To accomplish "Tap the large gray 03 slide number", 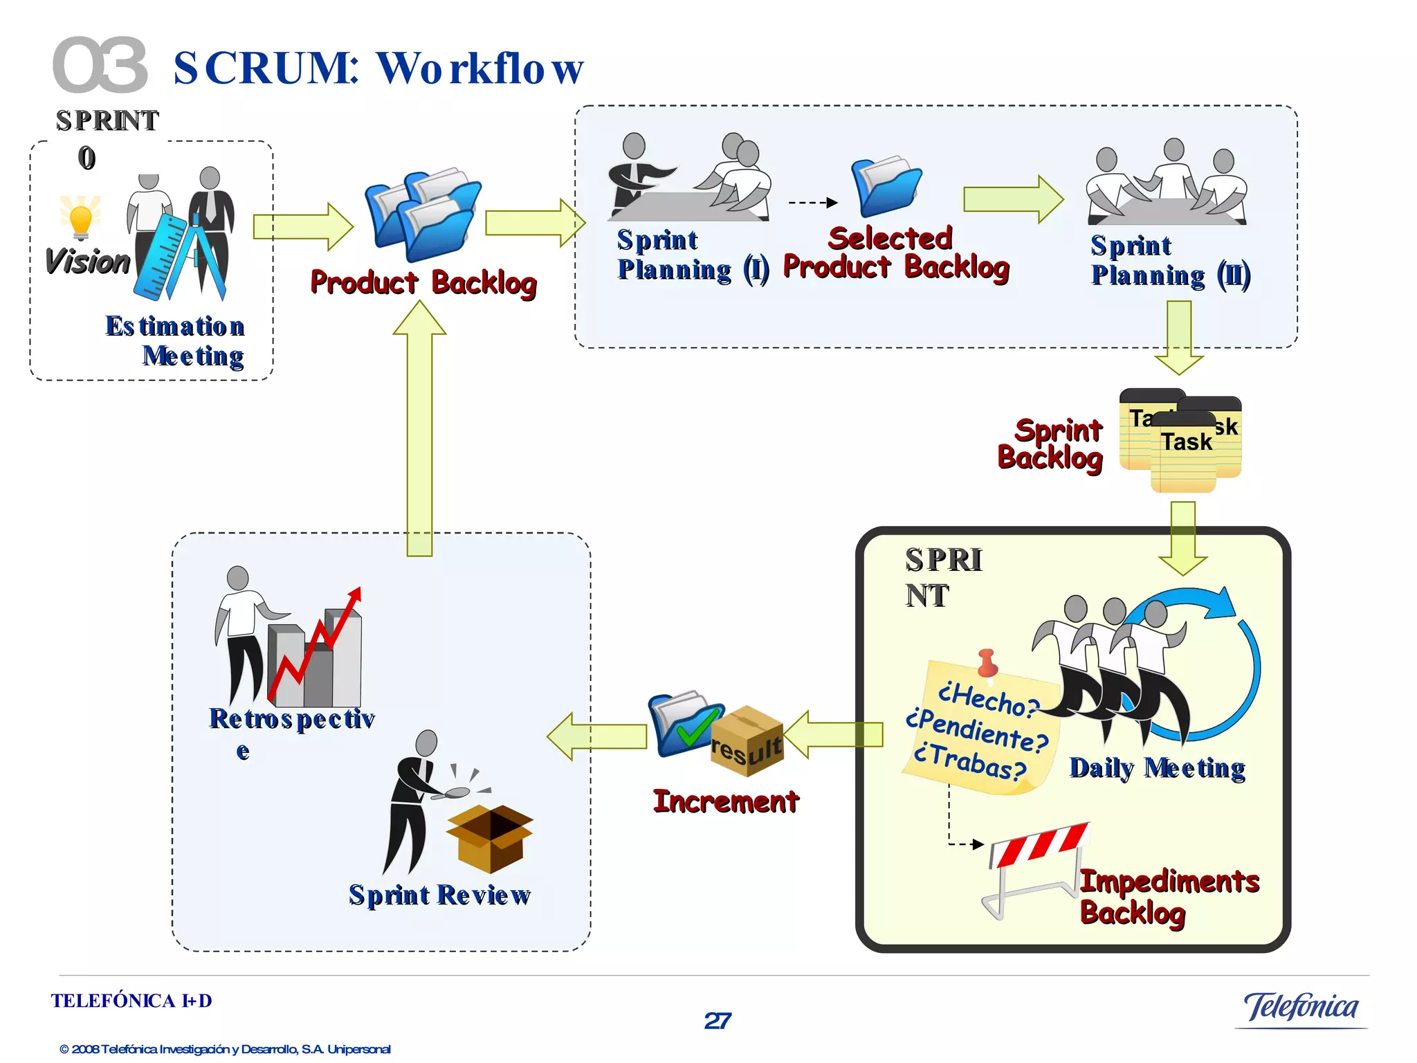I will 100,66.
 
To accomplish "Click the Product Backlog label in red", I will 423,282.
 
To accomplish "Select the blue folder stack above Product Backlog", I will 422,215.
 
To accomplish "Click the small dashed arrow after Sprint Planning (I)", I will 813,203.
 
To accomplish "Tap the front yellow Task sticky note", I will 1185,453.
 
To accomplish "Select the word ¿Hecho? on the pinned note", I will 987,699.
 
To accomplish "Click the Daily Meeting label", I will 1157,767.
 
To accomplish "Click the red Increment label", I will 726,801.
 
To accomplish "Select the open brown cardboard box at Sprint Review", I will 490,837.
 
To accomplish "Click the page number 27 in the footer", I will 717,1021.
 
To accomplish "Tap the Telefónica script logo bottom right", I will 1301,1007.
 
